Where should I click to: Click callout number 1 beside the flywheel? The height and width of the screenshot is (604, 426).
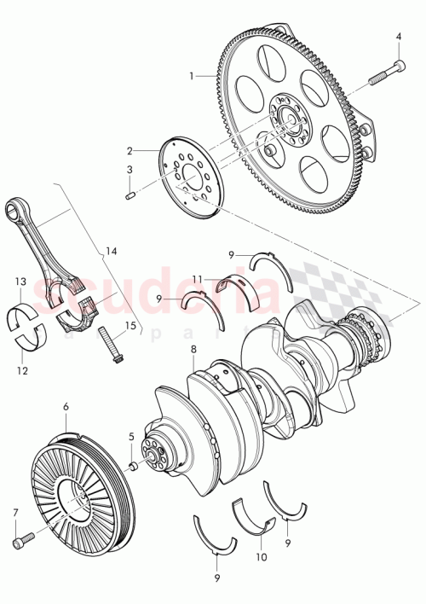193,76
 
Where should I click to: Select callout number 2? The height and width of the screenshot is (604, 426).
130,148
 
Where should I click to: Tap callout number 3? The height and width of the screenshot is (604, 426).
130,170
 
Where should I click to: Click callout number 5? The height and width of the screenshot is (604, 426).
130,437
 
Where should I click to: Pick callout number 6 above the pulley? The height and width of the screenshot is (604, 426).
66,408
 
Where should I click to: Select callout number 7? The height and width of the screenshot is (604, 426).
14,513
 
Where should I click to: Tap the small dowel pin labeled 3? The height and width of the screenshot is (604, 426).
132,197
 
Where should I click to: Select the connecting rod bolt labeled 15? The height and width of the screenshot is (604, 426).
109,346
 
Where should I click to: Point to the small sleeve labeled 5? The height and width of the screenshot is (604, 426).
134,467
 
